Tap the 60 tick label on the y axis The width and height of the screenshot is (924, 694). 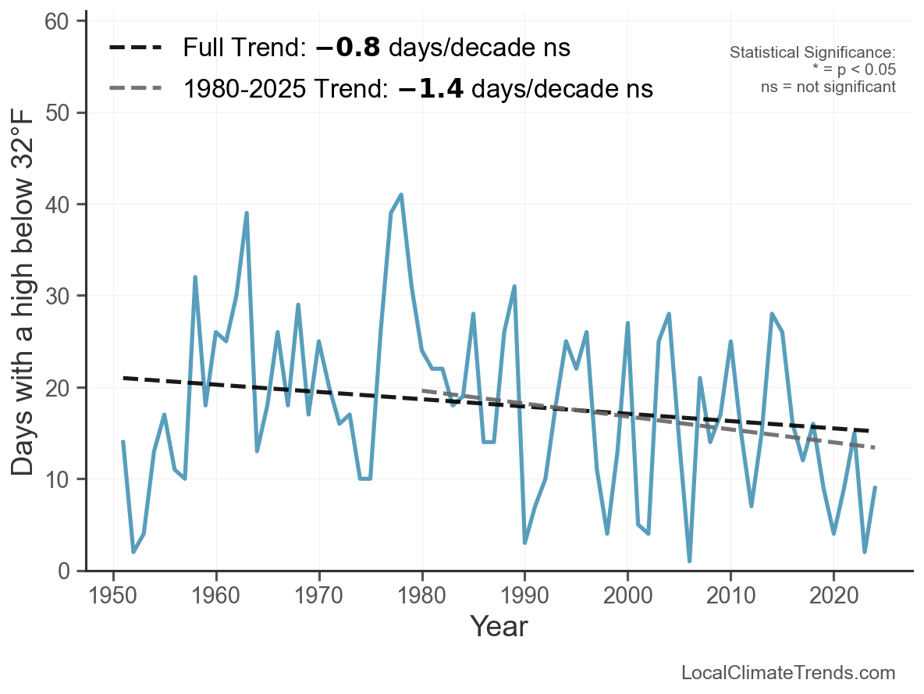[x=66, y=21]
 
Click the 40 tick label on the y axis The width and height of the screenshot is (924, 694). [x=66, y=205]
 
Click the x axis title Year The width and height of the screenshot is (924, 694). [x=499, y=626]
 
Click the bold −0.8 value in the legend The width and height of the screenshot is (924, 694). [x=348, y=48]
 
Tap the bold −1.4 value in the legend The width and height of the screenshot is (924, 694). [x=431, y=89]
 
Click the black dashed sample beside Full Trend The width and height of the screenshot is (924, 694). [x=135, y=48]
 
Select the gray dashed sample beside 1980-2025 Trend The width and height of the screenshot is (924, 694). [x=135, y=88]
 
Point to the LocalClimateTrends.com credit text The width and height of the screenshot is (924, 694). [x=788, y=673]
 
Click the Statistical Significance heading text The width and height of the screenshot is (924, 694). [x=812, y=53]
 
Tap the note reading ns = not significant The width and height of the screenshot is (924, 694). [x=828, y=87]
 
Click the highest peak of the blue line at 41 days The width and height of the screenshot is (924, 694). [x=401, y=194]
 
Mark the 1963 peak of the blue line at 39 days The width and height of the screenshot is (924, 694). [x=247, y=213]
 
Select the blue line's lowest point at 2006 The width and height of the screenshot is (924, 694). [x=690, y=561]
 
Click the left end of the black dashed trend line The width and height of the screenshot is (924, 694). [x=123, y=378]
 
